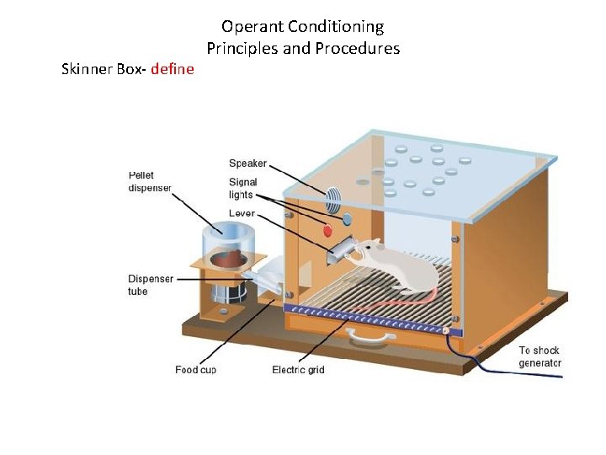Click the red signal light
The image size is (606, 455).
click(328, 229)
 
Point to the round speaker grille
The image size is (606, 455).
click(333, 201)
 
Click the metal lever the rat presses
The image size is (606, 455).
click(340, 250)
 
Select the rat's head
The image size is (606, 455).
click(370, 249)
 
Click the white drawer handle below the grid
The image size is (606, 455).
click(372, 337)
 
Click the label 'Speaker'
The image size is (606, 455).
click(247, 163)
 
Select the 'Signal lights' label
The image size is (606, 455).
click(243, 189)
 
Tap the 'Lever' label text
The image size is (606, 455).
click(242, 214)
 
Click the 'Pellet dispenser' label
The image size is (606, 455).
click(150, 181)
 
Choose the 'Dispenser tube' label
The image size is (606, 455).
click(151, 285)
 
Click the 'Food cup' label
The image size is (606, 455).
click(195, 370)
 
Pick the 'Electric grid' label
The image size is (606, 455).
click(298, 370)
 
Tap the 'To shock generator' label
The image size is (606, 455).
click(539, 356)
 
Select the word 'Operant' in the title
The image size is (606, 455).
click(251, 27)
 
